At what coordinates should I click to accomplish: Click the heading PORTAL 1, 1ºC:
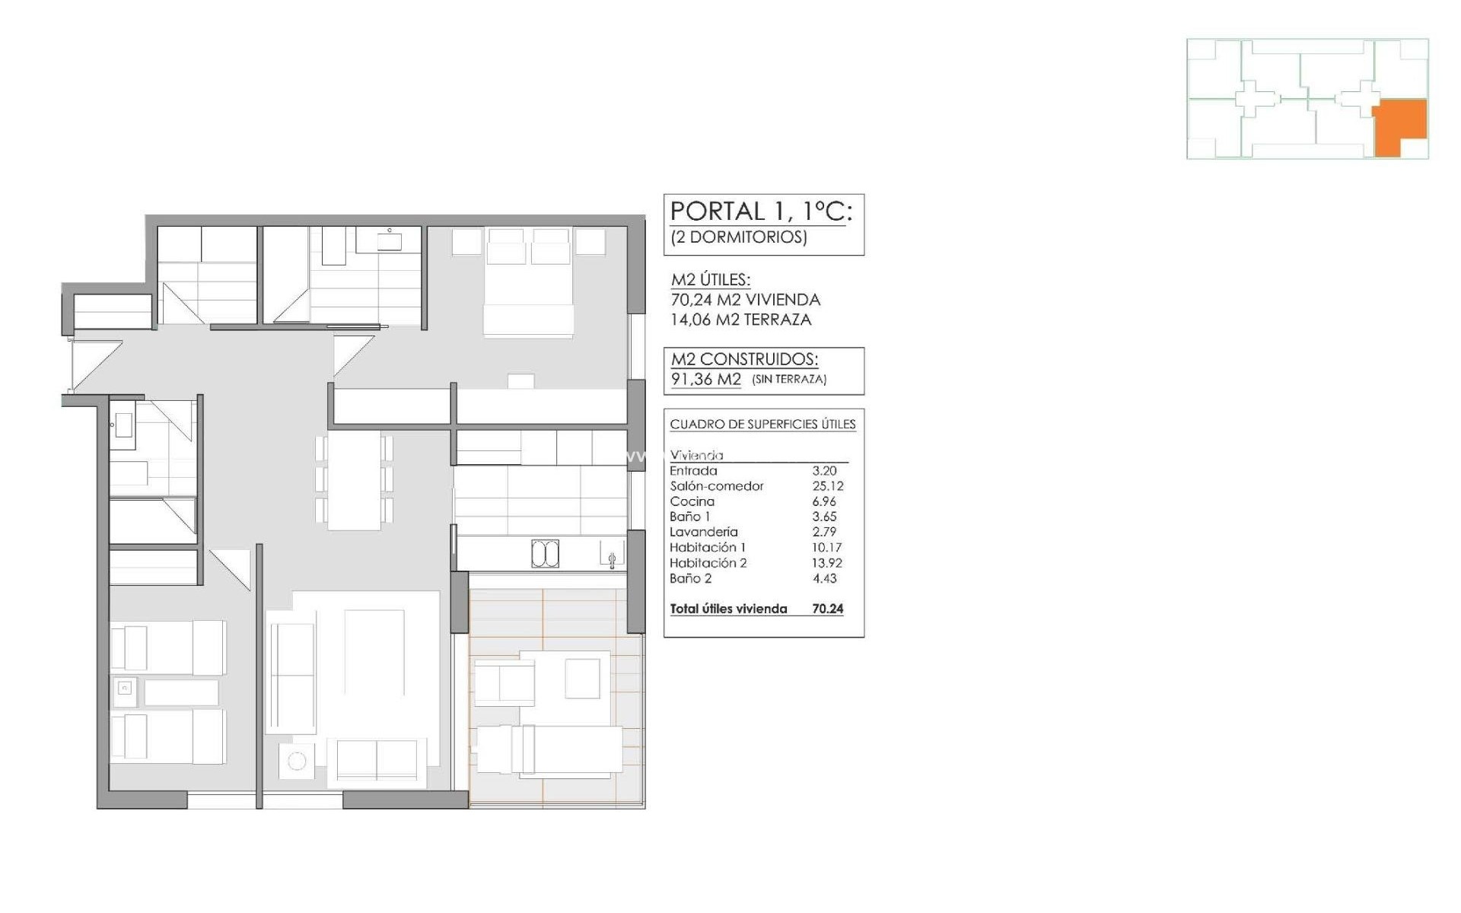tap(760, 212)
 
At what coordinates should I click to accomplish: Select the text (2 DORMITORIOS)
tap(738, 237)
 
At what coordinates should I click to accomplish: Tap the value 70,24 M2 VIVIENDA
tap(745, 300)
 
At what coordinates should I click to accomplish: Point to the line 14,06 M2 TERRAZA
tap(740, 320)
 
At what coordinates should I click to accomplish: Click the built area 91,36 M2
tap(705, 379)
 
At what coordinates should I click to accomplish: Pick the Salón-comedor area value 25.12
tap(827, 486)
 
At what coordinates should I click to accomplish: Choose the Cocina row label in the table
tap(692, 501)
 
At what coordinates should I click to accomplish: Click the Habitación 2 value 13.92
tap(827, 563)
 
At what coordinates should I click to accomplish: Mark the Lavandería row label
tap(703, 532)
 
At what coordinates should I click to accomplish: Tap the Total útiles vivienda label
tap(728, 609)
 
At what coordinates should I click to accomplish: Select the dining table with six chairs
tap(354, 479)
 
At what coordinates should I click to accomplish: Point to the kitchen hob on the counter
tap(545, 554)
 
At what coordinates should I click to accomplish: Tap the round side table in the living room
tap(297, 761)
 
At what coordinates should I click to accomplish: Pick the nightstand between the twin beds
tap(126, 689)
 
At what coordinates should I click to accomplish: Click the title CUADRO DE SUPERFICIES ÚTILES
tap(762, 425)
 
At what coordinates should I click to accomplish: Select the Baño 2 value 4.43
tap(824, 578)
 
